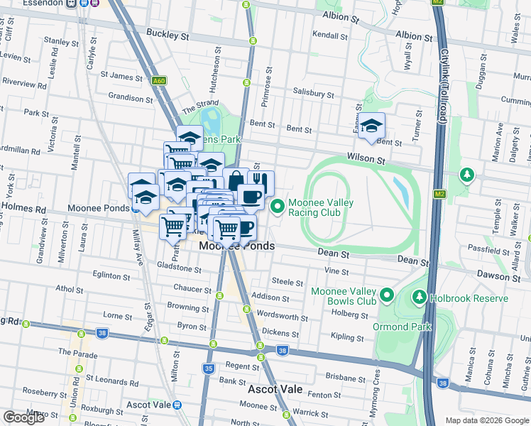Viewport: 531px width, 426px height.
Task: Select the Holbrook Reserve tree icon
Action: click(x=420, y=298)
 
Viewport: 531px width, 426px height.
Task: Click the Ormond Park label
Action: click(x=402, y=327)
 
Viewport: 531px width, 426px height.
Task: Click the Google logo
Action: click(x=23, y=417)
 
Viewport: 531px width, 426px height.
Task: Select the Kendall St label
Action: click(x=329, y=35)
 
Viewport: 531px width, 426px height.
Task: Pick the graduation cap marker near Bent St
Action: click(x=371, y=126)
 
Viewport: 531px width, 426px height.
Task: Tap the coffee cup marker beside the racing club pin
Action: click(x=251, y=196)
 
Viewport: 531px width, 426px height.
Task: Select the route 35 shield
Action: click(x=208, y=368)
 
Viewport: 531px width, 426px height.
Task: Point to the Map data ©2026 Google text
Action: click(x=486, y=420)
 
